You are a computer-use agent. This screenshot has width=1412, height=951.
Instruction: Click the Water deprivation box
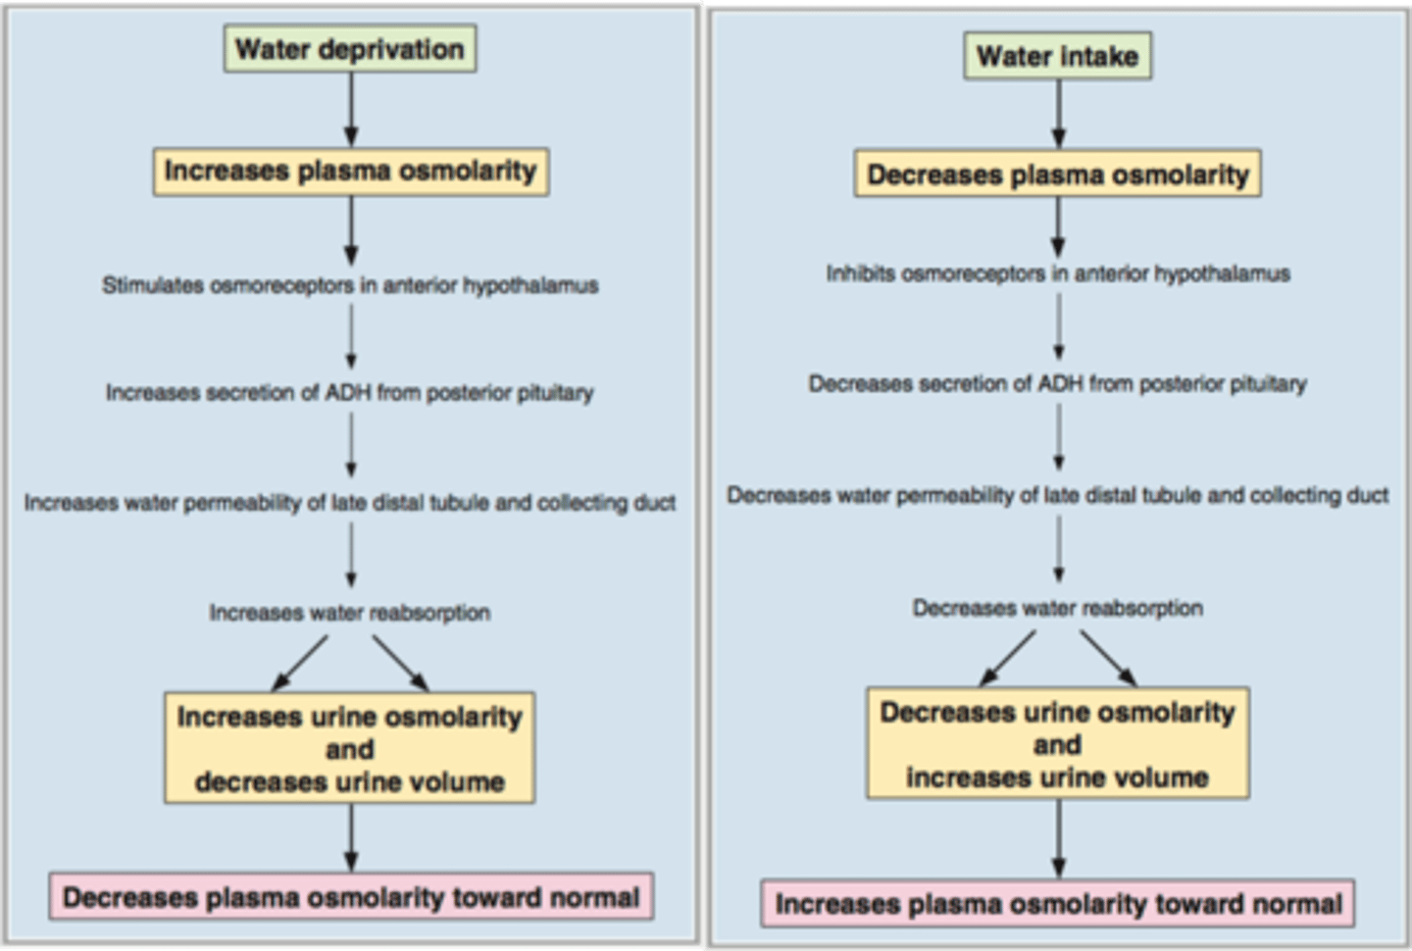[350, 49]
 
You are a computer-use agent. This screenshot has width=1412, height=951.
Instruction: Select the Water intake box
[1057, 56]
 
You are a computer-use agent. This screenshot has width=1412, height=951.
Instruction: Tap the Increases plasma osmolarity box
[350, 171]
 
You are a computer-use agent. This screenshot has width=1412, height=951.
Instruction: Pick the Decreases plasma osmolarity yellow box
[1057, 175]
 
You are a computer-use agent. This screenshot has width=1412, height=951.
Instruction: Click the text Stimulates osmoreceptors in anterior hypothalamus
[350, 285]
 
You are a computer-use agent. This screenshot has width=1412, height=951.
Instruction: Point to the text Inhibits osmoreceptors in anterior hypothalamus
[1057, 274]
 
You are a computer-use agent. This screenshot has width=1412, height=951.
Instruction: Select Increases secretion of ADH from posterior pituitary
[350, 392]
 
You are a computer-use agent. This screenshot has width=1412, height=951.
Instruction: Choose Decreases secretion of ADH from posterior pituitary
[1057, 383]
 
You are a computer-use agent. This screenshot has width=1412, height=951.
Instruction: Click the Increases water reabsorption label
[350, 613]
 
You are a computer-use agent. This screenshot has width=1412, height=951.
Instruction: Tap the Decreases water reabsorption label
[1057, 608]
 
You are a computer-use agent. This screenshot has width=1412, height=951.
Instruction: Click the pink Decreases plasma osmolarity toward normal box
[351, 897]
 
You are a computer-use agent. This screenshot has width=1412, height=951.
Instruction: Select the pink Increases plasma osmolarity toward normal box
[1057, 903]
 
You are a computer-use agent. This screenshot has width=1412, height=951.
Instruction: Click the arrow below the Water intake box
[1058, 114]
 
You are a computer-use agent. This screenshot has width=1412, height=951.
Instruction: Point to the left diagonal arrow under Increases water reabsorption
[301, 663]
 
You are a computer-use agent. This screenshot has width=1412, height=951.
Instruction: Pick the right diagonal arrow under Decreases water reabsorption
[1108, 658]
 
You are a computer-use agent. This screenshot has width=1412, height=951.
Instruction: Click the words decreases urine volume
[350, 782]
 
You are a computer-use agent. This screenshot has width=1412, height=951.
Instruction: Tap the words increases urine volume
[1057, 777]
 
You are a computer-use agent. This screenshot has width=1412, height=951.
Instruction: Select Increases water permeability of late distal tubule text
[350, 503]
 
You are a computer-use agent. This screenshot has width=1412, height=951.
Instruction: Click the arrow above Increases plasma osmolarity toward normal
[1058, 838]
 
